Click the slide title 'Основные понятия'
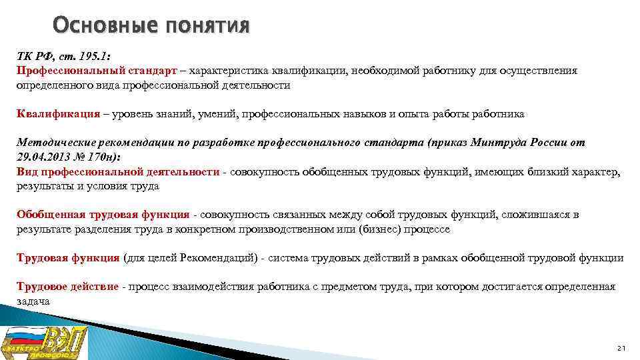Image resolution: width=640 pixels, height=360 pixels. pos(151,26)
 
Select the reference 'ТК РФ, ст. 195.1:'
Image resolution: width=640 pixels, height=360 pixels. pos(55,57)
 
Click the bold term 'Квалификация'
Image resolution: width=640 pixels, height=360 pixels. pos(58,114)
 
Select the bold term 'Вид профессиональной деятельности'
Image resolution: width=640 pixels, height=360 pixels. pos(118,172)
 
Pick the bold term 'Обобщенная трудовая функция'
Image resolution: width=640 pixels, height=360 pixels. pos(103,215)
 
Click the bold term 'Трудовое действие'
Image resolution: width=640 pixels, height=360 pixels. pos(67,287)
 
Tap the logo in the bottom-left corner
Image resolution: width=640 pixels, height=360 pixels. pos(45,343)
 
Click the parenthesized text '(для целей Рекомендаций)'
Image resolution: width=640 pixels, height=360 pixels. pos(189,257)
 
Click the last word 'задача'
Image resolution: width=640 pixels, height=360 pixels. pos(33,301)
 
